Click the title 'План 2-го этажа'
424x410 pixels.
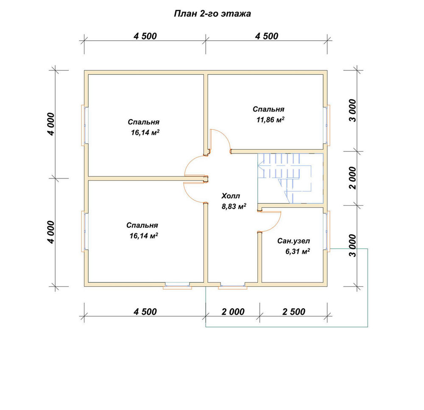coord(212,14)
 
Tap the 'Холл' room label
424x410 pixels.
coord(231,196)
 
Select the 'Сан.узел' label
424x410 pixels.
coord(294,241)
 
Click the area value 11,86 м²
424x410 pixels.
coord(271,120)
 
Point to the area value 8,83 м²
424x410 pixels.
coord(234,206)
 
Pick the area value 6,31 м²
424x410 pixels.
coord(298,251)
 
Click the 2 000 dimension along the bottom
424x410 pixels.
coord(233,312)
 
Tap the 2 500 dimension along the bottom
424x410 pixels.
coord(294,312)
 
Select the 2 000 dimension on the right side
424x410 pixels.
coord(352,178)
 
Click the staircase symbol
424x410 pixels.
coord(290,179)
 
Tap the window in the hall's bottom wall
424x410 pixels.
coord(232,286)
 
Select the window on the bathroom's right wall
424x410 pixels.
coord(327,231)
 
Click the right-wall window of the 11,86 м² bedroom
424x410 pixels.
coord(327,125)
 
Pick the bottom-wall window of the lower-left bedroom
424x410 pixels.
coord(177,286)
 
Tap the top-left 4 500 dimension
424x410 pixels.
coord(145,36)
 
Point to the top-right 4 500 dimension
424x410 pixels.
coord(267,36)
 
